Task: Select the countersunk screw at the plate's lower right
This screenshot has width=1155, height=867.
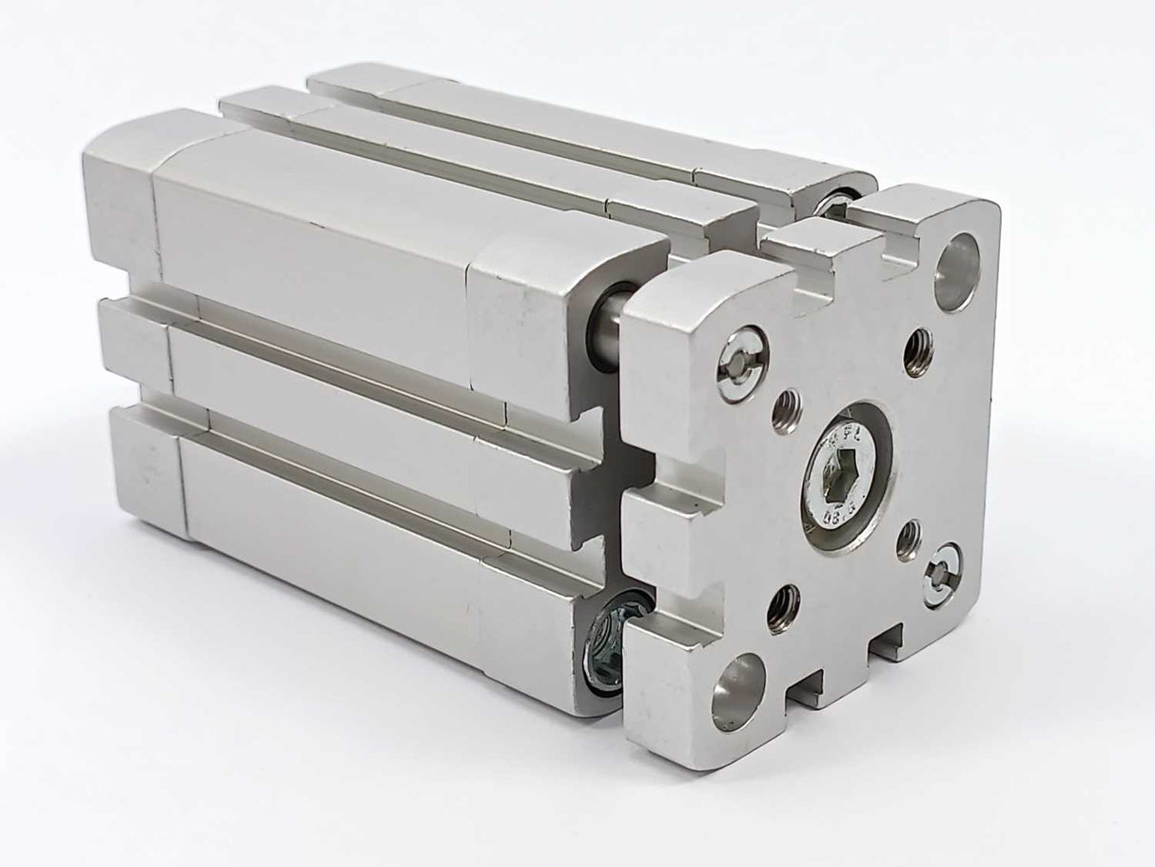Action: coord(942,575)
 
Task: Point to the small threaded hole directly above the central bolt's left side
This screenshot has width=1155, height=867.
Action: coord(786,410)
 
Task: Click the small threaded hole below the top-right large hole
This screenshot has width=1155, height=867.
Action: coord(917,352)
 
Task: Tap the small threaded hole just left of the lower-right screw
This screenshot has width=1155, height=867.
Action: coord(909,540)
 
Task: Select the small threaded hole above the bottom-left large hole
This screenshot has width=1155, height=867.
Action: coord(784,608)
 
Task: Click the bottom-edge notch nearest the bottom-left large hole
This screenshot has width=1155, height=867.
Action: coord(807,687)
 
